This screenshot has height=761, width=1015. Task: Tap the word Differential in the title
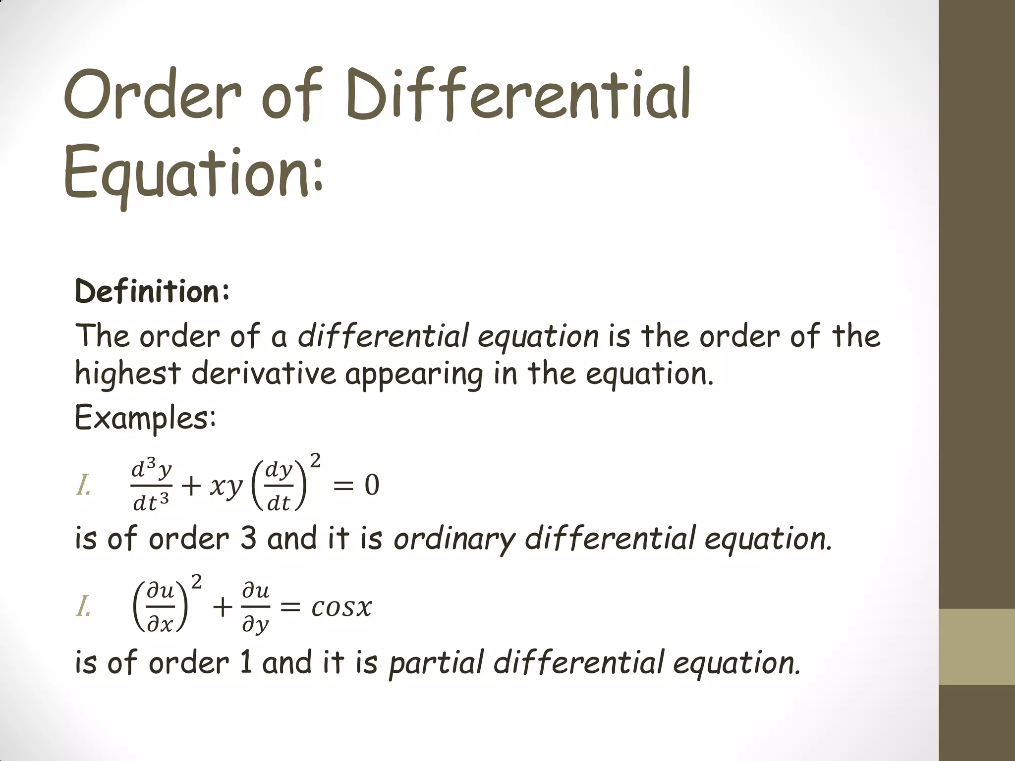tap(518, 94)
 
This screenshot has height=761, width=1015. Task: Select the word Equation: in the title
tap(193, 171)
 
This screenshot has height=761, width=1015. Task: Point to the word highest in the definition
tap(127, 374)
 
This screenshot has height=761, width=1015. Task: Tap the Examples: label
tap(145, 418)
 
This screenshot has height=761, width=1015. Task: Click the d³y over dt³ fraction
tap(152, 486)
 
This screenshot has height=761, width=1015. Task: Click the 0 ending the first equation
tap(372, 485)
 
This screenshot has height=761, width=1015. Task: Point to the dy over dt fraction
tap(279, 486)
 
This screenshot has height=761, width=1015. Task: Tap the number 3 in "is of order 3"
tap(248, 539)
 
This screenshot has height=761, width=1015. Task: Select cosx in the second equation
tap(341, 607)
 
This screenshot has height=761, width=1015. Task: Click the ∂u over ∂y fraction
tap(256, 608)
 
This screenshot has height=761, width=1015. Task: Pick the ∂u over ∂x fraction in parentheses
tap(161, 607)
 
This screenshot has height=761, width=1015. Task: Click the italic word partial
tap(436, 663)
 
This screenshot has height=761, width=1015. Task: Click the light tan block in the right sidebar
tap(977, 647)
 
